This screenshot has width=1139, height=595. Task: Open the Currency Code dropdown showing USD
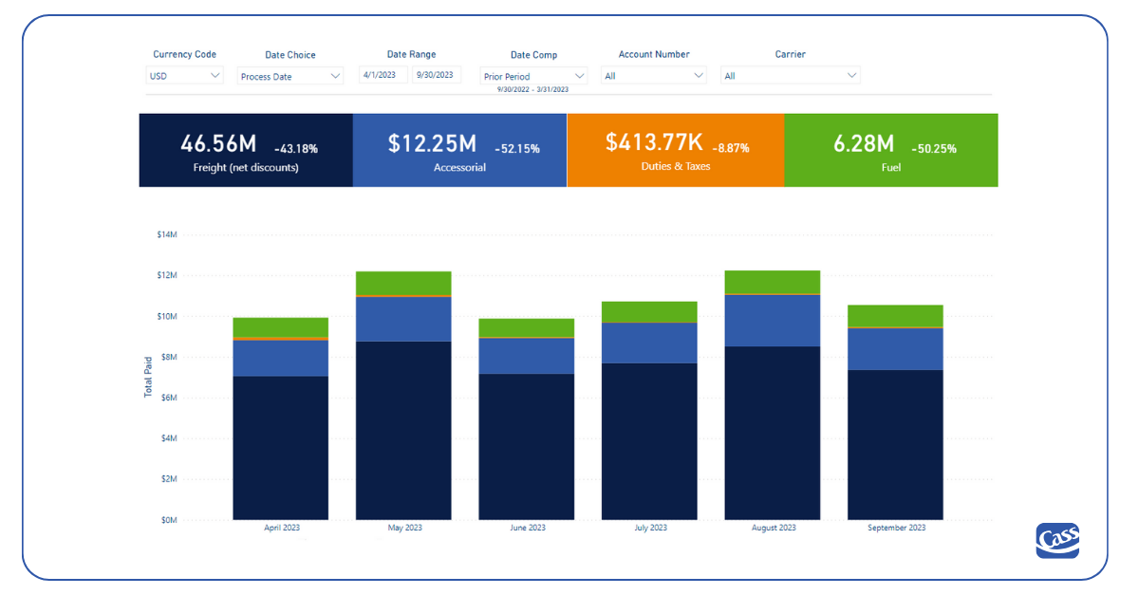click(185, 76)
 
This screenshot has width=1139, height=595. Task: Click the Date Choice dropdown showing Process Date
click(289, 76)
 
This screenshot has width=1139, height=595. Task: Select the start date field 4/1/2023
click(383, 75)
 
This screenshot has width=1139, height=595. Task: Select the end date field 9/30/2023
click(437, 75)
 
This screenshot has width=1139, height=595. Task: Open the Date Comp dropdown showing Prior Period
click(533, 76)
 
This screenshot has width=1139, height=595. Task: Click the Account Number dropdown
click(654, 76)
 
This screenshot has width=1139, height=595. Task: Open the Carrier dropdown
click(790, 76)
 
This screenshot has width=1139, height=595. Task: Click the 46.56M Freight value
click(218, 143)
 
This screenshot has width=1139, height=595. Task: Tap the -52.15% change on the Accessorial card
click(517, 149)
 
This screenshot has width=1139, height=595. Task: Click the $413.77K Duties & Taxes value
click(654, 142)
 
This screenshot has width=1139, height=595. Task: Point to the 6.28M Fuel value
click(864, 143)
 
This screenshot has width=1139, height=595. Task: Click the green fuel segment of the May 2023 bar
click(403, 283)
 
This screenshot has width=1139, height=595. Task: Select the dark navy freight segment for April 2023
click(280, 446)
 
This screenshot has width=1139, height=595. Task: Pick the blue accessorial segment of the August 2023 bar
click(772, 320)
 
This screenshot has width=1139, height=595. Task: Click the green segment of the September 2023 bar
click(895, 316)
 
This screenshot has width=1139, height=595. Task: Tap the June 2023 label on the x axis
click(526, 528)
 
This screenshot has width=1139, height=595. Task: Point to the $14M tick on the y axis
click(167, 234)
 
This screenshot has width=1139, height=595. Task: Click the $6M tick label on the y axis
click(167, 398)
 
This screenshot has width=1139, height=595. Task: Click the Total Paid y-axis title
click(148, 378)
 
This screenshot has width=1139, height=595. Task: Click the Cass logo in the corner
click(1057, 541)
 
